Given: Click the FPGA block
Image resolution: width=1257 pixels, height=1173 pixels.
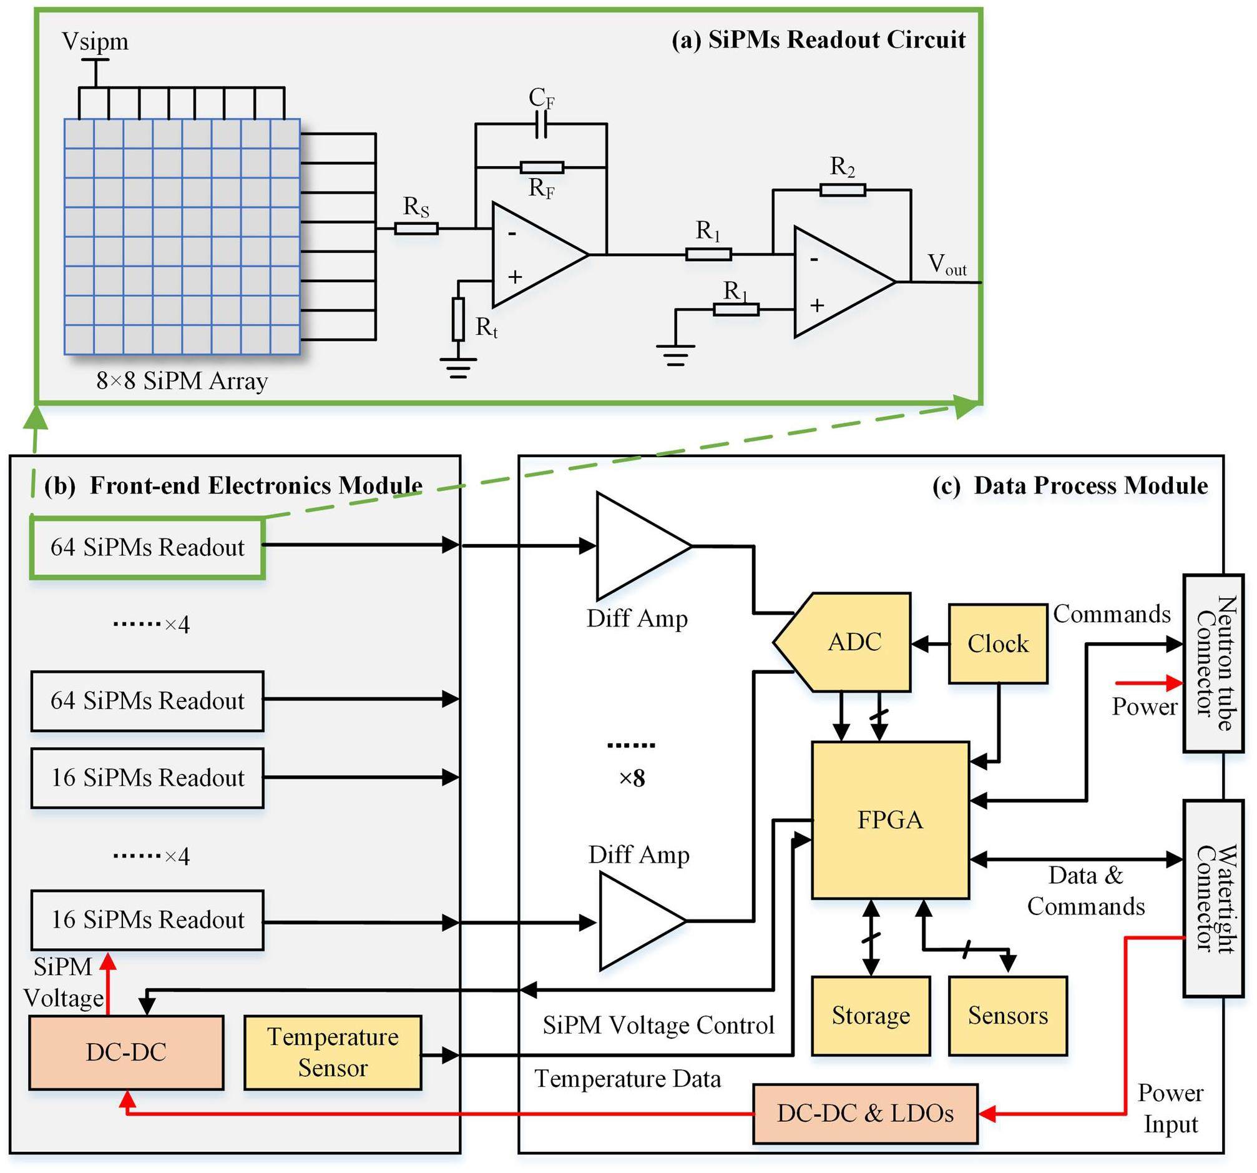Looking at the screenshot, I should point(889,820).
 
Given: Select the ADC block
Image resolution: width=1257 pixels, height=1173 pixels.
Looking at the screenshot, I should point(848,641).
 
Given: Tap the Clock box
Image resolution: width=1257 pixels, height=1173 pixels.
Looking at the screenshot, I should point(998,643).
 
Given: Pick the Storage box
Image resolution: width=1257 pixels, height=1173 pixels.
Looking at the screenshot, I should point(871,1016).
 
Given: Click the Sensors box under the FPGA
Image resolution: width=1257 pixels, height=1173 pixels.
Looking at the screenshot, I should point(1007,1016).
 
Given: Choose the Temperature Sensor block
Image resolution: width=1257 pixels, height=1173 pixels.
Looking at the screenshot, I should point(333,1052).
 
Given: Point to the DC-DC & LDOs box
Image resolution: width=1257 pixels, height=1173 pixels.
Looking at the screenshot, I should point(865,1114).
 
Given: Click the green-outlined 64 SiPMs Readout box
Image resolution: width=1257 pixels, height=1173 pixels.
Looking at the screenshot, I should point(147,547).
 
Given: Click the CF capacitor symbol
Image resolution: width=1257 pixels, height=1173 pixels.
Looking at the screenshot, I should point(541,124).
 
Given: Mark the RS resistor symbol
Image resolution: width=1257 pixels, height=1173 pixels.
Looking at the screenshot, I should point(416,229).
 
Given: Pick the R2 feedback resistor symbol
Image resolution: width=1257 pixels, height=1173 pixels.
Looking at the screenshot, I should point(842,189).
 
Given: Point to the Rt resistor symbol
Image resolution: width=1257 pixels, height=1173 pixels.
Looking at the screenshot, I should point(458,319).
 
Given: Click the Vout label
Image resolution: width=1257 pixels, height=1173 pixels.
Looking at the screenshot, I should point(947,265).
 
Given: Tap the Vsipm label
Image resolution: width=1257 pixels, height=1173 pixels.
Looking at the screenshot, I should point(95,42).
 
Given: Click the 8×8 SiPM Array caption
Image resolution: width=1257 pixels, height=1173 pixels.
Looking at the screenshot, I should point(182,381).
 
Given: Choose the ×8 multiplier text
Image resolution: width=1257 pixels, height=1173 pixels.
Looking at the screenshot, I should point(632,778).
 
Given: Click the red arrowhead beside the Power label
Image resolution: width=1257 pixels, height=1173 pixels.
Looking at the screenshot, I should point(1175,683).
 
